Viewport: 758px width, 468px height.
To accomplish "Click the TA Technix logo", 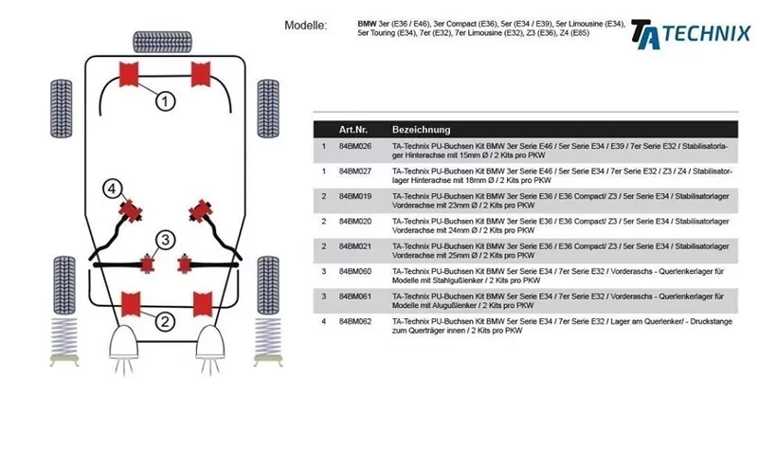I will (x=690, y=32).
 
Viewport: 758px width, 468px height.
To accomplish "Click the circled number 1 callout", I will (x=164, y=99).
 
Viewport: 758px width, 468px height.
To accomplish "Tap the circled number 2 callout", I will (x=164, y=322).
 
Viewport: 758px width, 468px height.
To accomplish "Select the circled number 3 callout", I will (x=164, y=240).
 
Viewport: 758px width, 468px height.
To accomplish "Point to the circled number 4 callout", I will (x=112, y=189).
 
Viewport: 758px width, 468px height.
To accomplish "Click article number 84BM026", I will (x=355, y=147).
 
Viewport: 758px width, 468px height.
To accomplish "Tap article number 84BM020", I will (x=355, y=221).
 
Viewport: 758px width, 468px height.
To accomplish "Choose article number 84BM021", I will (x=355, y=245).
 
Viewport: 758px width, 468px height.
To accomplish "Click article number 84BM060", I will (x=355, y=271).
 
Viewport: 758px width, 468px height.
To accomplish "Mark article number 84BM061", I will (x=355, y=296).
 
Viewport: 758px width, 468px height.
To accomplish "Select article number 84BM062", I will (x=355, y=321).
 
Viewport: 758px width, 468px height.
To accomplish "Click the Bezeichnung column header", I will (x=421, y=129).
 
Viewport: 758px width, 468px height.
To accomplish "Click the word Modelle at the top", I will (x=305, y=25).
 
